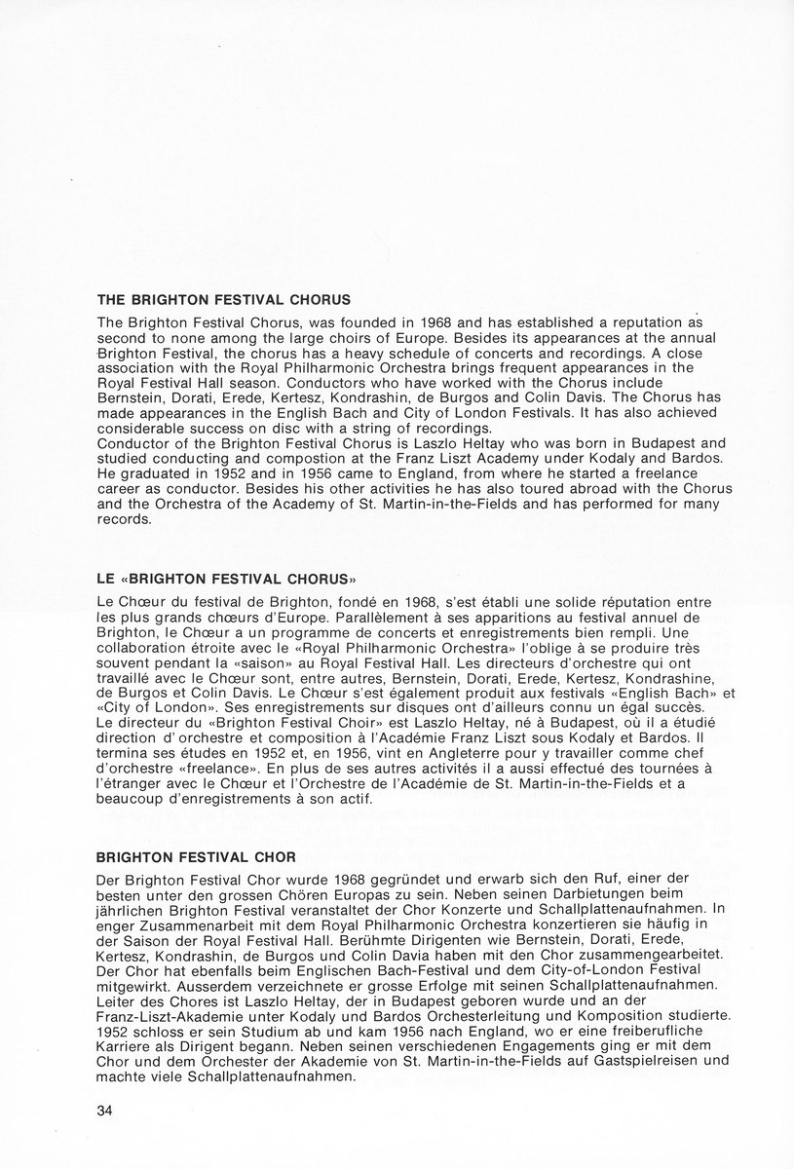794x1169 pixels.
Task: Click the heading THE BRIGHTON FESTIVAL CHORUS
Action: [223, 299]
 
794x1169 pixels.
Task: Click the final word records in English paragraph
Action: [125, 519]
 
